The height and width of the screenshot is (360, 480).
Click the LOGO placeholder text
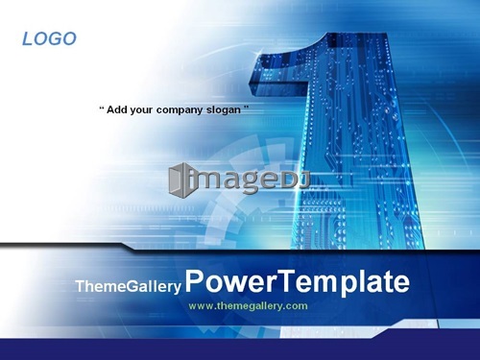[x=49, y=38]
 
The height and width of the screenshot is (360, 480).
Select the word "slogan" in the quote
[x=224, y=110]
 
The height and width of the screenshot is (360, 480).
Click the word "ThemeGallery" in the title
[x=129, y=286]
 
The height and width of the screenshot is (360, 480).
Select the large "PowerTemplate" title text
[x=298, y=281]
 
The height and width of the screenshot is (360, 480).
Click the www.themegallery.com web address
[x=248, y=306]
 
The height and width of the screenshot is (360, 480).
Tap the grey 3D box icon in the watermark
[x=180, y=180]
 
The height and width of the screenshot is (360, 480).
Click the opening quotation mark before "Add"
[x=102, y=108]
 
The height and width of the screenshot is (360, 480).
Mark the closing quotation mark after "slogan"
[x=246, y=108]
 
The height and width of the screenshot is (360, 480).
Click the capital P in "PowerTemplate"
[x=195, y=280]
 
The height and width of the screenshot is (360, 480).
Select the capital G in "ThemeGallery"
[x=134, y=286]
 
